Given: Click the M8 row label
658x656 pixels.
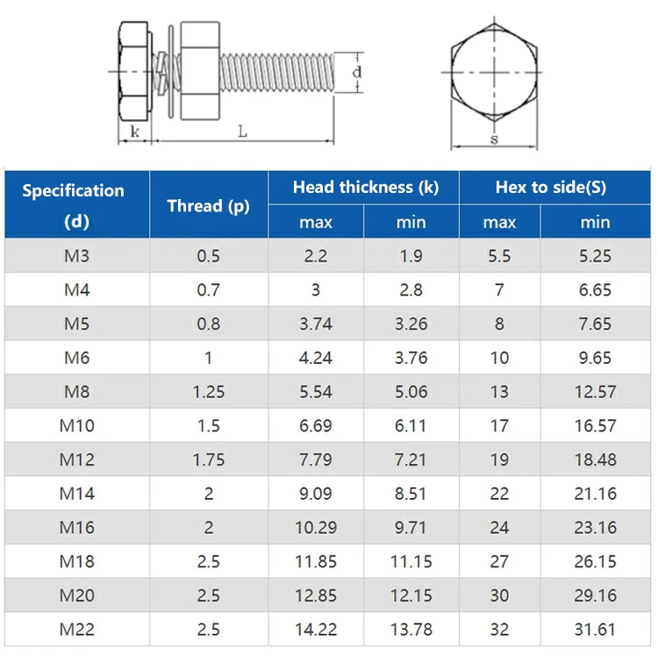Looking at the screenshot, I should [x=77, y=392].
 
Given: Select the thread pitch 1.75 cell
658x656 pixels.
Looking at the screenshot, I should [x=209, y=460].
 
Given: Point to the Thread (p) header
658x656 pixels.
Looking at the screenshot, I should [x=209, y=206].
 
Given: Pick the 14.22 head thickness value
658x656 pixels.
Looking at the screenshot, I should [x=316, y=630].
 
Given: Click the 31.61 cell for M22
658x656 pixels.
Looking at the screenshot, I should [x=595, y=630].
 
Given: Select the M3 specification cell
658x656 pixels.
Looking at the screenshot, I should [x=77, y=256].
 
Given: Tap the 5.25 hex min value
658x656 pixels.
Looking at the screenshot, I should [x=595, y=256].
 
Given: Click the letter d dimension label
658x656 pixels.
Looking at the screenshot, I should [x=357, y=72].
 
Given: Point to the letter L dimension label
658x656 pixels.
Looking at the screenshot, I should [x=243, y=131].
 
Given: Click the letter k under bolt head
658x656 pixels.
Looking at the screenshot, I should [x=134, y=131].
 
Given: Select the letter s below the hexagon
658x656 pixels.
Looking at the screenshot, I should [x=494, y=139].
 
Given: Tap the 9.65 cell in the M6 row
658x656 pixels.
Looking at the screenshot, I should [x=595, y=358].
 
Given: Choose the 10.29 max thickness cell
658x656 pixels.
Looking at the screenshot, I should [x=316, y=528].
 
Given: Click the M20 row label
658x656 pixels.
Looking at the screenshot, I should [x=77, y=595].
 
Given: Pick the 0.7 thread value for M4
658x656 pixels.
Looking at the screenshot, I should [x=209, y=290].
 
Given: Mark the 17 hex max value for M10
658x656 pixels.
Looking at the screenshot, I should [x=499, y=426].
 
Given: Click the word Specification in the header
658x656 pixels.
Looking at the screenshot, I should [x=74, y=190].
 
